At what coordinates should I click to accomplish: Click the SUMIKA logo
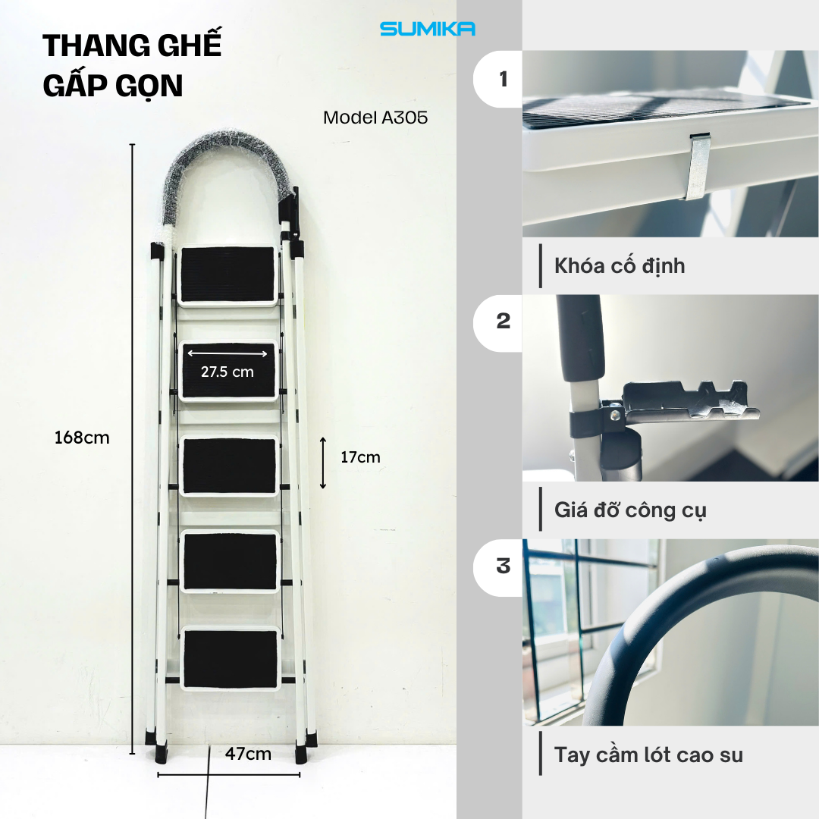(x=427, y=29)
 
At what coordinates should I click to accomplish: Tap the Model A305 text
(x=375, y=118)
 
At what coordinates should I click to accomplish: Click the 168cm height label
(x=82, y=438)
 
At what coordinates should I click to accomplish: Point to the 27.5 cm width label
(x=227, y=372)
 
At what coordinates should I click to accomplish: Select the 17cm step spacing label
(x=360, y=457)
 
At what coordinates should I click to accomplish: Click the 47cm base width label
(x=248, y=754)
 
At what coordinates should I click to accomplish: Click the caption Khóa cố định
(x=620, y=266)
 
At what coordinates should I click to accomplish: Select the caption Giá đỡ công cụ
(x=630, y=510)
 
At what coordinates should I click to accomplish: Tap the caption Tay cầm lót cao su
(x=648, y=755)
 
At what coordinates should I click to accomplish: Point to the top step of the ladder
(x=227, y=275)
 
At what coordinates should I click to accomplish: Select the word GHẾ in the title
(x=186, y=47)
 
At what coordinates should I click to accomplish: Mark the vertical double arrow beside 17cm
(x=323, y=463)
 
